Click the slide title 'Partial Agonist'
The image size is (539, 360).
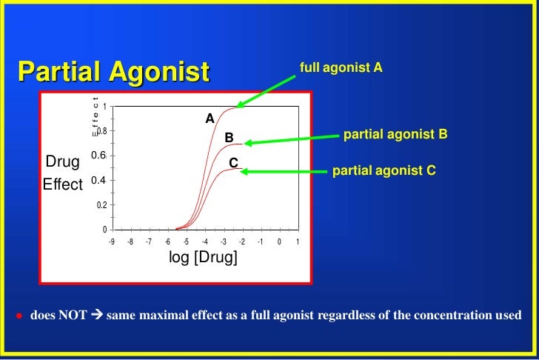[x=114, y=73]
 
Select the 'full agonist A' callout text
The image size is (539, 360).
[x=341, y=68]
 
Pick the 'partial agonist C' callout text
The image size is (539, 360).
[x=384, y=170]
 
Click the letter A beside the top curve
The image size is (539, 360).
[x=210, y=118]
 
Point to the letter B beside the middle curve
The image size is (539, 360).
[x=229, y=138]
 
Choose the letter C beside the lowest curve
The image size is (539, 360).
[x=233, y=162]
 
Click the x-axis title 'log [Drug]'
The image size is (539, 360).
[x=204, y=258]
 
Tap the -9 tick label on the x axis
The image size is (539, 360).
[x=111, y=241]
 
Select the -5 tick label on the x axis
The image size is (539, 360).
[x=186, y=241]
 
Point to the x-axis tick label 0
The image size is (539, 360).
[x=279, y=241]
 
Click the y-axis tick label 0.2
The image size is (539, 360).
[x=101, y=205]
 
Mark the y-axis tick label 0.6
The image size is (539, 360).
[x=98, y=155]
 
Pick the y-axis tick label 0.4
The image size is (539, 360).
[x=98, y=180]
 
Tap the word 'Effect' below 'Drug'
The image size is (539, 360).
[x=62, y=184]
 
